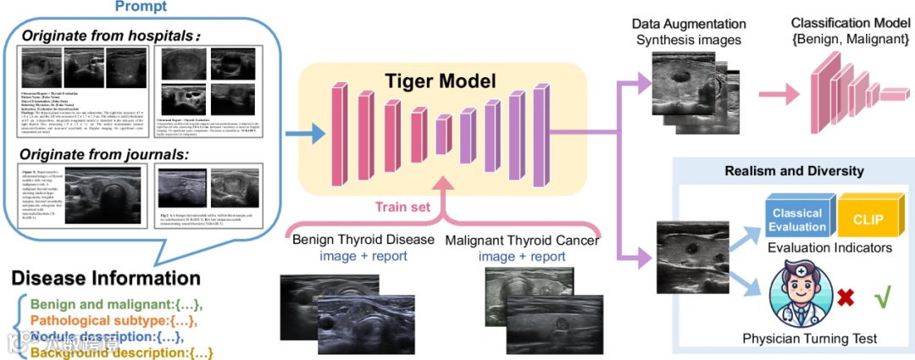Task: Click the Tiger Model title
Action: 437,82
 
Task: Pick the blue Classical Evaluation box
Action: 796,220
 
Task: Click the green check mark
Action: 882,298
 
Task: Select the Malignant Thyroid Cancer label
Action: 521,240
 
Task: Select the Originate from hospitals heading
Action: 110,36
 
